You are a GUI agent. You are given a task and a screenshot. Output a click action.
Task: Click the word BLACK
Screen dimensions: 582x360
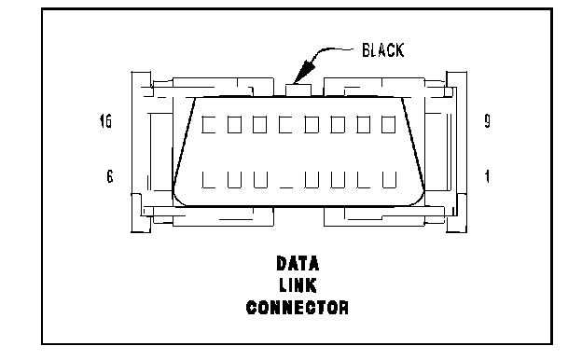[x=382, y=50]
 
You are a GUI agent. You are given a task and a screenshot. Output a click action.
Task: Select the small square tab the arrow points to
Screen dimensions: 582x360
[x=298, y=90]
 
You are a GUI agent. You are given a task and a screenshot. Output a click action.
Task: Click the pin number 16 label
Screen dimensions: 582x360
[x=105, y=121]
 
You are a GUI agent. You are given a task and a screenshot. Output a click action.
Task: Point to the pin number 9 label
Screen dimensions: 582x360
[x=488, y=121]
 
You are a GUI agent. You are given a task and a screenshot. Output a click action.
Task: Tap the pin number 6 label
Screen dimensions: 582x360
[x=110, y=176]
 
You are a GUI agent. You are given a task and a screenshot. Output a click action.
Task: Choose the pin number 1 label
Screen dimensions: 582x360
[x=488, y=176]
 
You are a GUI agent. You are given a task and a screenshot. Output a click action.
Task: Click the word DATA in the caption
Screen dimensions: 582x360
[x=298, y=264]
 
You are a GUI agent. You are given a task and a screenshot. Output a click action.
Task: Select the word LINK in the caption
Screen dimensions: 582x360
[x=298, y=285]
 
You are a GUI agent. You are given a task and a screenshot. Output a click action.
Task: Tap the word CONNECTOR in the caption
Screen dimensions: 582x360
[x=298, y=307]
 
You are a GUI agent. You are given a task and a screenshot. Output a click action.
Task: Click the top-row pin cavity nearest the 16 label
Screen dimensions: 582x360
[x=208, y=124]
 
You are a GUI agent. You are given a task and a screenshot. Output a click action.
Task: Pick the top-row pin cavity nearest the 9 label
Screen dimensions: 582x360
[x=389, y=124]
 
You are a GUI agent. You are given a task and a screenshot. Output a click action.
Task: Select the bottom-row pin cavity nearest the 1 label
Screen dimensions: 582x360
[x=389, y=180]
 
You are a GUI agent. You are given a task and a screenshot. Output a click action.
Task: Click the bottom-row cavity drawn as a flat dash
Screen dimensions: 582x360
[x=286, y=187]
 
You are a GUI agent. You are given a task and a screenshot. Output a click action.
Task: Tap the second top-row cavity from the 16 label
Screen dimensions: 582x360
[x=234, y=124]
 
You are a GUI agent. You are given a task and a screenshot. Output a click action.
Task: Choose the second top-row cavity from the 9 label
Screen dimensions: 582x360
[x=364, y=124]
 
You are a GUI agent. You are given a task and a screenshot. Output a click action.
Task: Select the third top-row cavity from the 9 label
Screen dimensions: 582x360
[x=338, y=124]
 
